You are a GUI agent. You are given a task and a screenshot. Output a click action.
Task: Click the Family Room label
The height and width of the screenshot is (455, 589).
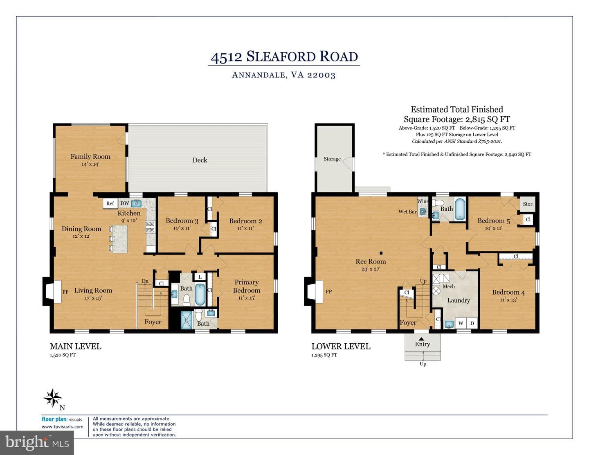[x=90, y=156]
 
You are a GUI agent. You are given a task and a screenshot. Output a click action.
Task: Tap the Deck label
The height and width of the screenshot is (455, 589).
[x=200, y=160]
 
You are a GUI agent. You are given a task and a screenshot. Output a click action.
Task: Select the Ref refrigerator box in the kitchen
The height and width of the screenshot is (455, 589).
[x=110, y=203]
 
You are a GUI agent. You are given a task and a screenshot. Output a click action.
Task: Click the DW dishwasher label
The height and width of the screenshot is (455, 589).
[x=125, y=203]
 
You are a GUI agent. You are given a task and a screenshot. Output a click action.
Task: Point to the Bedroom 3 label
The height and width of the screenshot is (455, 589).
[x=182, y=221]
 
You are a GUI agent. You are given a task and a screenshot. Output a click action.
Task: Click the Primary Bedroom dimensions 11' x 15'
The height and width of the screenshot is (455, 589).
[x=246, y=298]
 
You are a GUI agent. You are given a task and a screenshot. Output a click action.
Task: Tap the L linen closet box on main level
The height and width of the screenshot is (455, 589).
[x=200, y=277]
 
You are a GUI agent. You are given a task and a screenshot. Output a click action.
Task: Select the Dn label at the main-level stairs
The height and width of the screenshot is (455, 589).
[x=145, y=281]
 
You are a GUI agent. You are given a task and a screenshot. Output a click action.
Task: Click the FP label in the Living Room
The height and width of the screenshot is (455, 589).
[x=65, y=292]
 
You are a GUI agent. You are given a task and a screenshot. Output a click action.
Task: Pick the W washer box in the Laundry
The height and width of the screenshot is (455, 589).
[x=461, y=323]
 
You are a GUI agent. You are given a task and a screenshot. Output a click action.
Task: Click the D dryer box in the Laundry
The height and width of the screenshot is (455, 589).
[x=472, y=323]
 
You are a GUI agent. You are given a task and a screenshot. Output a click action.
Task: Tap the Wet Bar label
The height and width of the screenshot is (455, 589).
[x=407, y=212]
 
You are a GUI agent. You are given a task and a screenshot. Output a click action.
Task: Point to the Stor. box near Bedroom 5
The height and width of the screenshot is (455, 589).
[x=528, y=204]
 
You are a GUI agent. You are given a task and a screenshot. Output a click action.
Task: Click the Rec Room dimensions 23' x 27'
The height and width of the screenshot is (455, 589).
[x=371, y=269]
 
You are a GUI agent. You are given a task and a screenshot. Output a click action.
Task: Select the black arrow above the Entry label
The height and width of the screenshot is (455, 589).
[x=421, y=338]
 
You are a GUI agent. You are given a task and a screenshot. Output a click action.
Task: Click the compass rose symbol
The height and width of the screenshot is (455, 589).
[x=53, y=398]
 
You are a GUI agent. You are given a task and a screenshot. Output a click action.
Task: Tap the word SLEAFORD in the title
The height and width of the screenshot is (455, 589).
[x=281, y=56]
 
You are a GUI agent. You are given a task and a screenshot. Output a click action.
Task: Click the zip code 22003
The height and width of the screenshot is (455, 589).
[x=321, y=75]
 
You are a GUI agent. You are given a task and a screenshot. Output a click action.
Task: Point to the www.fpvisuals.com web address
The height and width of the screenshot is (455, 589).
[x=62, y=426]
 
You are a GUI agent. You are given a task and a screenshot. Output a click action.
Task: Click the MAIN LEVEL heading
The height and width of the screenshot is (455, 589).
[x=76, y=346]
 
